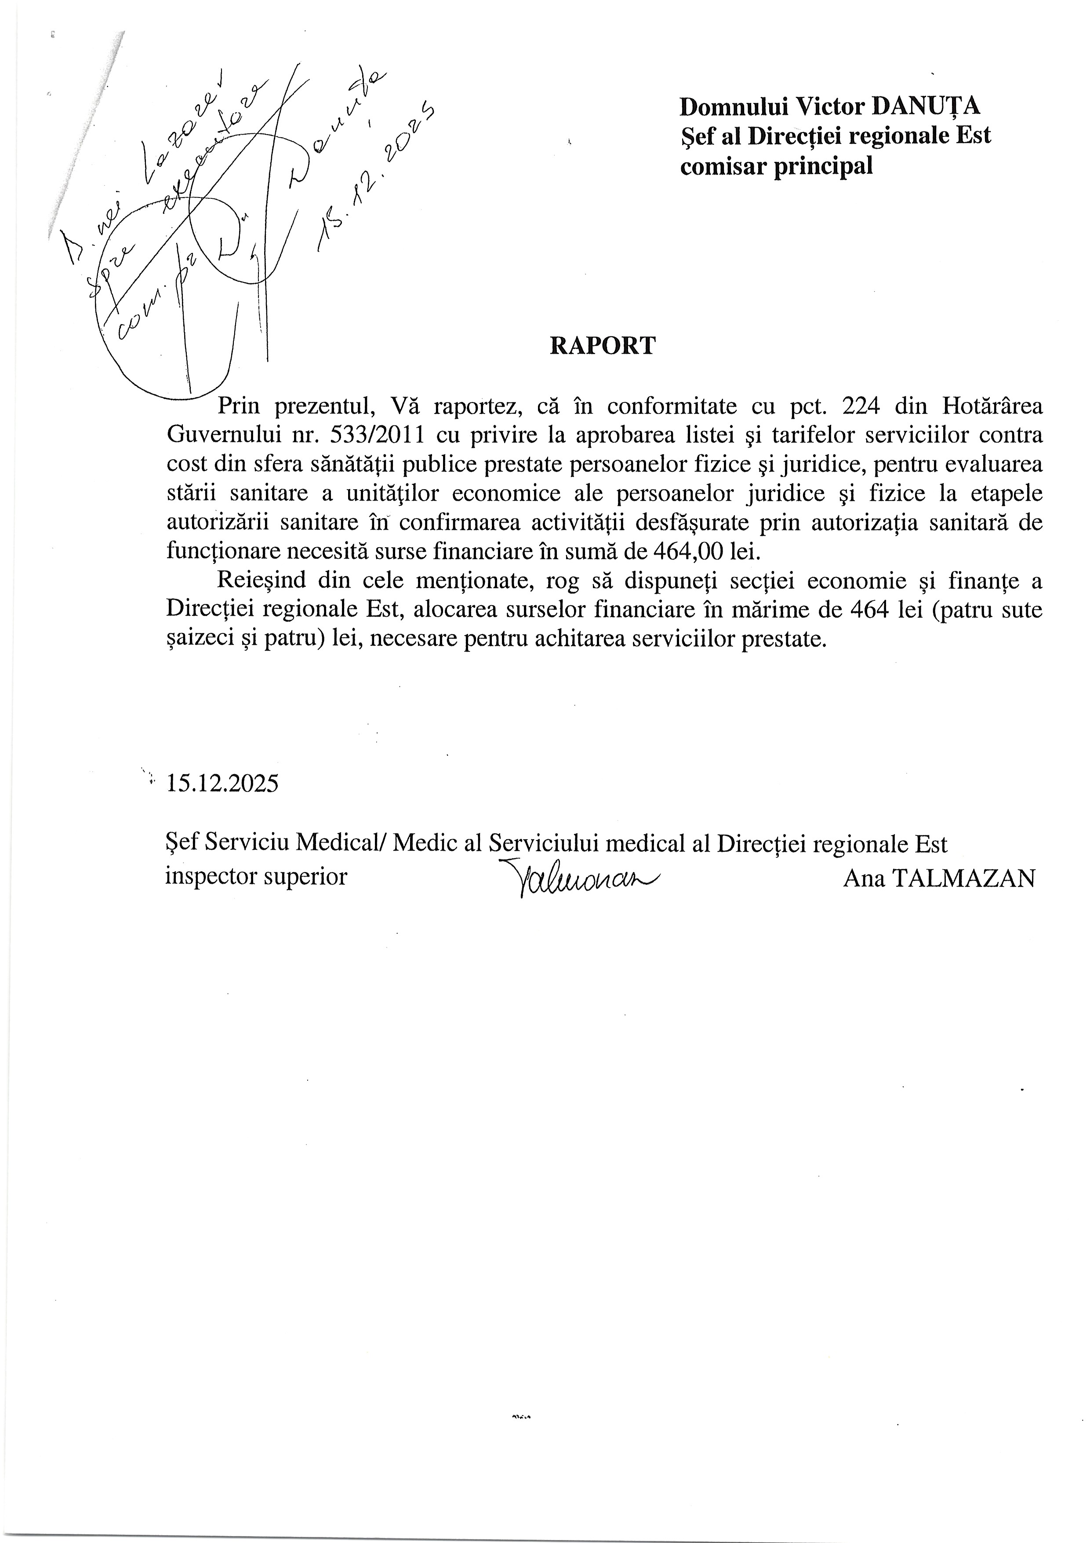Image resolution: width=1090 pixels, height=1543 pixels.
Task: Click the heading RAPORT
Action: pos(603,345)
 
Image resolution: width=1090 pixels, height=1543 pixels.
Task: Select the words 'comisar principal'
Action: pos(776,165)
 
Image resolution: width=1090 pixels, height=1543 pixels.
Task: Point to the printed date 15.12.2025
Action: pos(222,784)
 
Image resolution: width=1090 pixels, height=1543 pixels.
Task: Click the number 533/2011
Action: pos(378,435)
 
